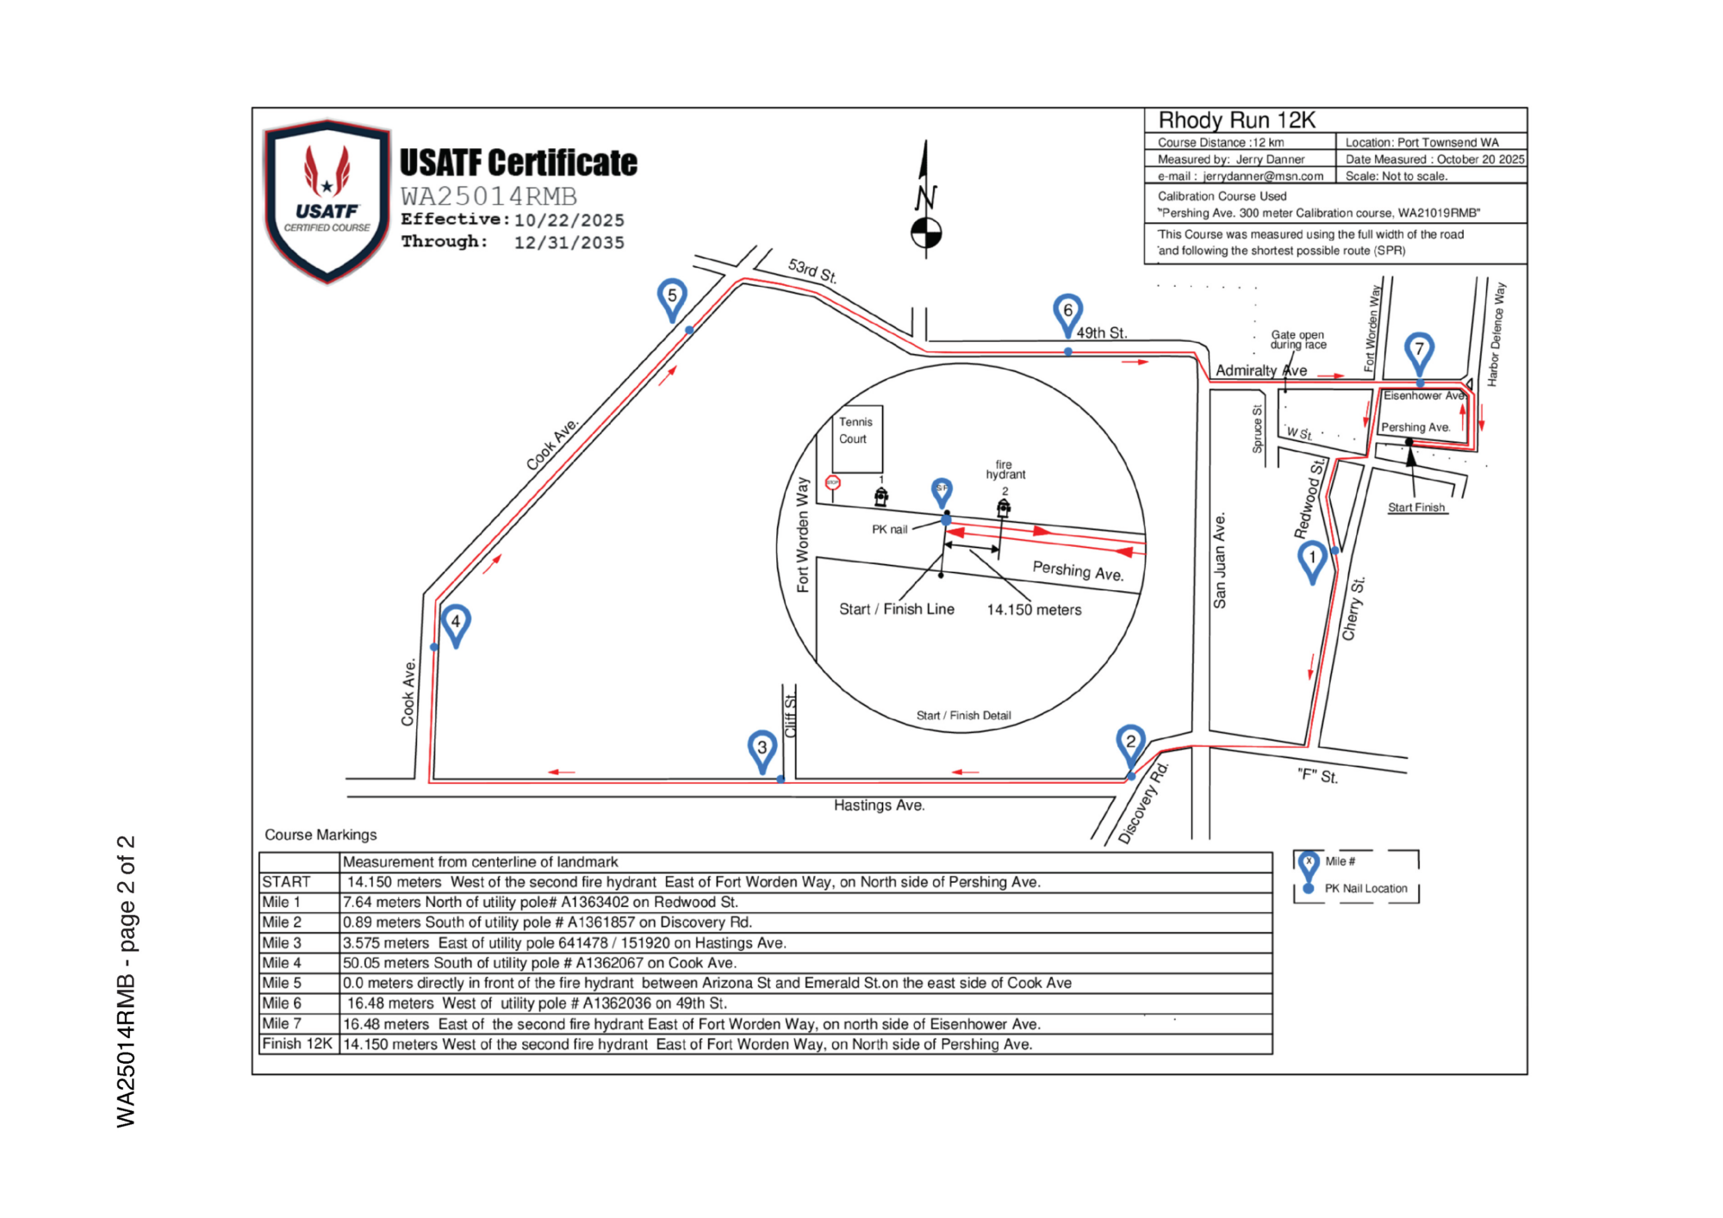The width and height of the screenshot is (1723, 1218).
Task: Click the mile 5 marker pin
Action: pos(672,296)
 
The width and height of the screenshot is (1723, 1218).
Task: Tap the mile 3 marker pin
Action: pos(762,749)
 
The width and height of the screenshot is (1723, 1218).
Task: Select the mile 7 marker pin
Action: pos(1419,350)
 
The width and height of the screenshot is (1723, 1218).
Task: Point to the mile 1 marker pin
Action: pos(1312,559)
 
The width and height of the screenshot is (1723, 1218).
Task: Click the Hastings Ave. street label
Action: pos(879,805)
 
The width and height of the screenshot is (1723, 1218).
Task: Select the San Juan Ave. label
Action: pos(1220,561)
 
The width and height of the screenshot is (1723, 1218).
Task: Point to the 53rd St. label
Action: pos(812,270)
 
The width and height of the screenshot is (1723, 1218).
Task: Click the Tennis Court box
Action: pos(857,438)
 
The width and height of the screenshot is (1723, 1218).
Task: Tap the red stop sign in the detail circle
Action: pos(832,482)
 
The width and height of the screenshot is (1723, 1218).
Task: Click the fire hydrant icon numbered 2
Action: pos(1004,507)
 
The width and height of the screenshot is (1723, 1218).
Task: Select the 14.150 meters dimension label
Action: pos(1034,610)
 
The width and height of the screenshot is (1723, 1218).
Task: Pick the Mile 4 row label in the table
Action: pos(282,963)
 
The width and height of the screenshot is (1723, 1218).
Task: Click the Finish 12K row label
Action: pos(297,1044)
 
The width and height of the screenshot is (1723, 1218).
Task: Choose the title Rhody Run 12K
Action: pos(1236,121)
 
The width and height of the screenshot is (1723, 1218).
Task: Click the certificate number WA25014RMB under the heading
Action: pos(488,196)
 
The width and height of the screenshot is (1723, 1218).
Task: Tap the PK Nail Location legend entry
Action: pos(1365,888)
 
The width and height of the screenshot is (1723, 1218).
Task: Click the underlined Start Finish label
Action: pos(1416,507)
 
